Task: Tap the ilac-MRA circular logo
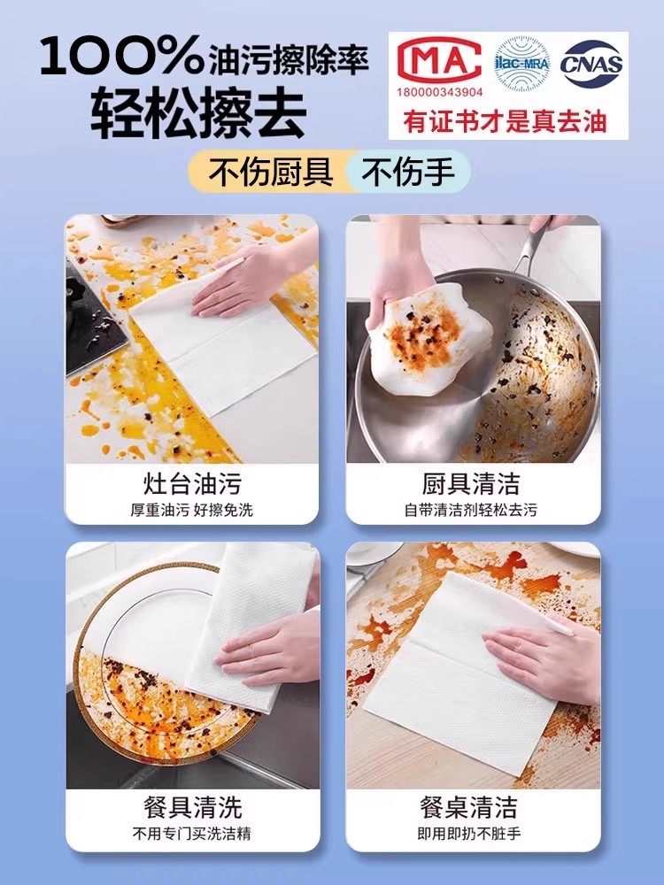pyautogui.click(x=521, y=64)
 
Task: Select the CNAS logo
pyautogui.click(x=592, y=64)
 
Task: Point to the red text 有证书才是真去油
pyautogui.click(x=506, y=121)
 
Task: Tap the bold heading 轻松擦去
pyautogui.click(x=198, y=112)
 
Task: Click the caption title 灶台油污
pyautogui.click(x=192, y=484)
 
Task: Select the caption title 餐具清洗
pyautogui.click(x=192, y=807)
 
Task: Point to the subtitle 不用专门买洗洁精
pyautogui.click(x=192, y=834)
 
